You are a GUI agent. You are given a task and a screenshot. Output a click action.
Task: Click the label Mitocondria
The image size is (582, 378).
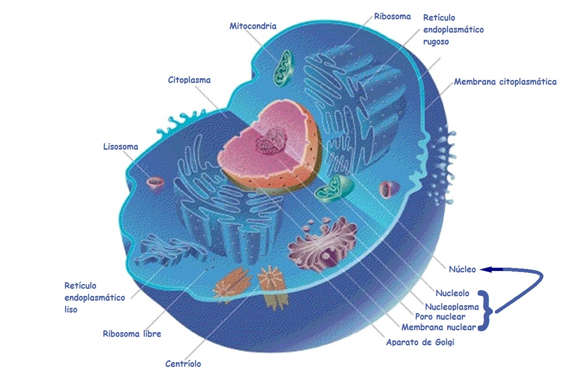tap(253, 26)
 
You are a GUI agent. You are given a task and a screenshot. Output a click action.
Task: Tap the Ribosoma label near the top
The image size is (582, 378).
tap(392, 16)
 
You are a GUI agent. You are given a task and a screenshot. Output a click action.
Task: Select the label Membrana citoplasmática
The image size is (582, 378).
tap(506, 82)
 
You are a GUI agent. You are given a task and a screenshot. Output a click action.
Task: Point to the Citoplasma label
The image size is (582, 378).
tap(189, 80)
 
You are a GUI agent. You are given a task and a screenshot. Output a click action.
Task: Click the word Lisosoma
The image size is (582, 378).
tap(121, 147)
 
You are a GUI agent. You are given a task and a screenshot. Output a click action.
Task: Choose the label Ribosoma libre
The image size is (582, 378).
tap(132, 333)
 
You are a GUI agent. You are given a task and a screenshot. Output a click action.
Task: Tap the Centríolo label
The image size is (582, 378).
tap(183, 364)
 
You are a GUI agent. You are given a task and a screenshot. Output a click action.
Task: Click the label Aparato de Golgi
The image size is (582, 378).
tap(420, 342)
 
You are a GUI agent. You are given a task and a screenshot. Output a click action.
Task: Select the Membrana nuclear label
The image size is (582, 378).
tap(438, 327)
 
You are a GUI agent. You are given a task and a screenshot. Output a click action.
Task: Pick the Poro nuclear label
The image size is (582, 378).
tap(440, 317)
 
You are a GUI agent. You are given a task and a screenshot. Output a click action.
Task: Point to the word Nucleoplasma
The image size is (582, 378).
tap(452, 307)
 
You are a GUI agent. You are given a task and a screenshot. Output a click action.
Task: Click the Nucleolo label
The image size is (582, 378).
tap(453, 293)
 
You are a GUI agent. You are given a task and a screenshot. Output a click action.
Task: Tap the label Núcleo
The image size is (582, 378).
tap(462, 269)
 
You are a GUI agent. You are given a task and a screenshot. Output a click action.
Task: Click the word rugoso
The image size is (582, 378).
tap(436, 42)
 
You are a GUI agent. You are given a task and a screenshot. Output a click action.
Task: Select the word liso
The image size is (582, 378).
tap(71, 310)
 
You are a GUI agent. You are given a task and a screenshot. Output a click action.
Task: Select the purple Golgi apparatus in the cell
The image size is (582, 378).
tap(323, 246)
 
